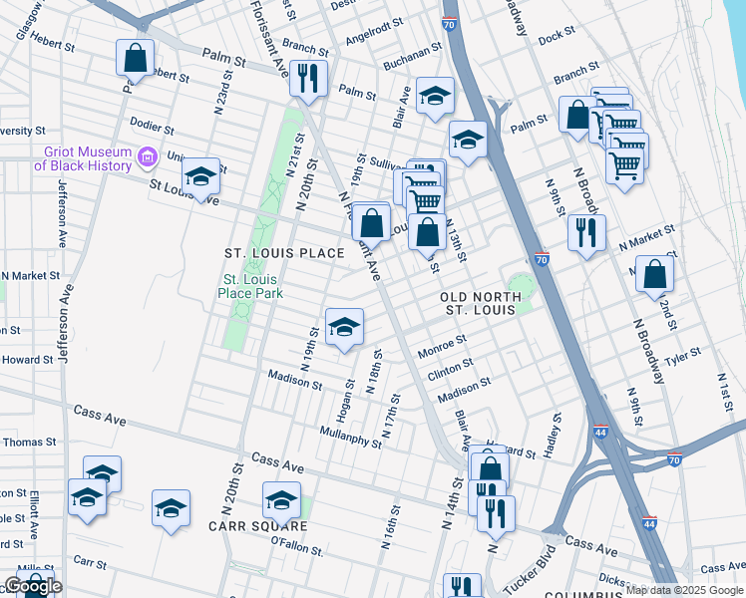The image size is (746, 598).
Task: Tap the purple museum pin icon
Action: coord(148,156)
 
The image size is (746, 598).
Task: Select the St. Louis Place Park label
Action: coord(251,286)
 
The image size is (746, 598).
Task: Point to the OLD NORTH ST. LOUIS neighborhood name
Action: coord(480,303)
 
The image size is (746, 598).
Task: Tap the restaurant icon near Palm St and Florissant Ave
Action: coord(309,77)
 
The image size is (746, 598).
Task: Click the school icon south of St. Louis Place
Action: coord(344,327)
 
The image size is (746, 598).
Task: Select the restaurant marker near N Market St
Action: coord(585,232)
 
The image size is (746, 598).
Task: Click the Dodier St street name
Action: coord(154,129)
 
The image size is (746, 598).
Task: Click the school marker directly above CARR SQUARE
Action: coord(281,499)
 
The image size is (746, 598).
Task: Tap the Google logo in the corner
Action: coord(33,586)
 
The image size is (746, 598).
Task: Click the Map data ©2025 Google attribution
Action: coord(684,590)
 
